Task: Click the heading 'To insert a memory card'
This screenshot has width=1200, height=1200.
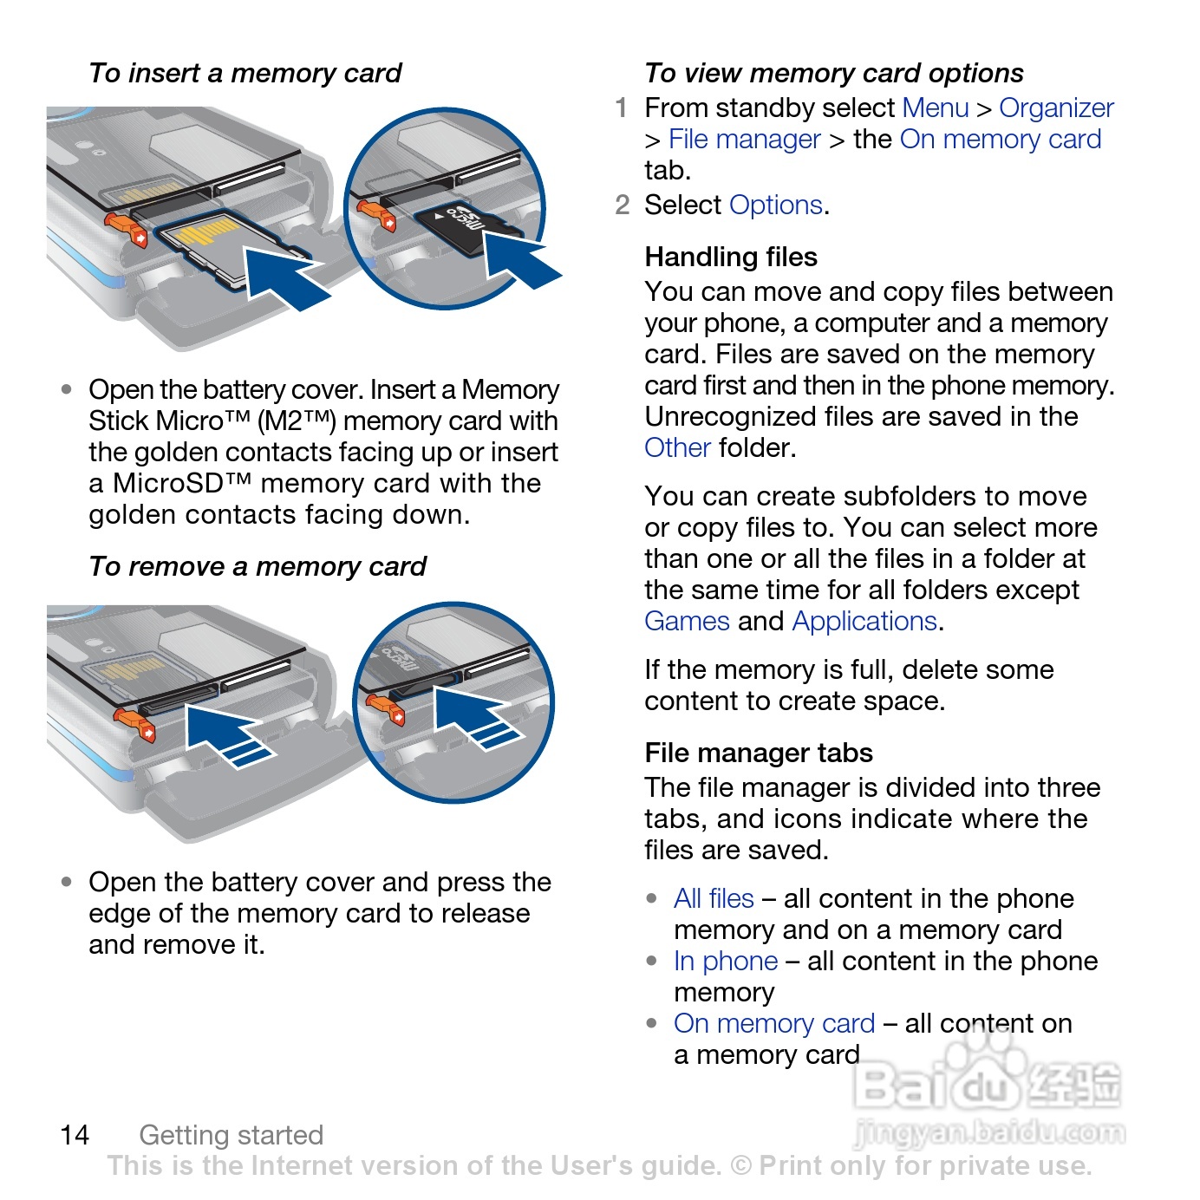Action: point(245,73)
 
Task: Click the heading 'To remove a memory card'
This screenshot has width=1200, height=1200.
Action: point(258,566)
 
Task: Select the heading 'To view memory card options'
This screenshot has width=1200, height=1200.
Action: point(833,73)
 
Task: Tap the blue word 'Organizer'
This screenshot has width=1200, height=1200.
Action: point(1056,108)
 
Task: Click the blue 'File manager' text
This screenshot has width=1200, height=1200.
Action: point(744,139)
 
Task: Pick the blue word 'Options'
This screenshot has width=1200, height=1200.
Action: point(775,205)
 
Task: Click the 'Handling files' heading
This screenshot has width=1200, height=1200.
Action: point(731,257)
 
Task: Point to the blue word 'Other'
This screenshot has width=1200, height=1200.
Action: point(677,447)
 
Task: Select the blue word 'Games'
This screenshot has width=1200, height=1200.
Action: point(687,621)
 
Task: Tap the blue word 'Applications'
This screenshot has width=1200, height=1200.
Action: point(864,621)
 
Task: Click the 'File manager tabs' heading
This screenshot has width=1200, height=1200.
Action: point(759,753)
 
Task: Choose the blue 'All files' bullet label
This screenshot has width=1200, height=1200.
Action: point(714,898)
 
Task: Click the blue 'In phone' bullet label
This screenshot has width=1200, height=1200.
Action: point(726,961)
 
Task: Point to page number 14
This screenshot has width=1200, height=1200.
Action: point(75,1134)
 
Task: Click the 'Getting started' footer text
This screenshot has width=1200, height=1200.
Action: point(231,1134)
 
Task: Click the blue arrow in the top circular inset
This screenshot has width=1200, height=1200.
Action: point(518,258)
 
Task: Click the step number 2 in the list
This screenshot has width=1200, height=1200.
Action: point(622,205)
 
